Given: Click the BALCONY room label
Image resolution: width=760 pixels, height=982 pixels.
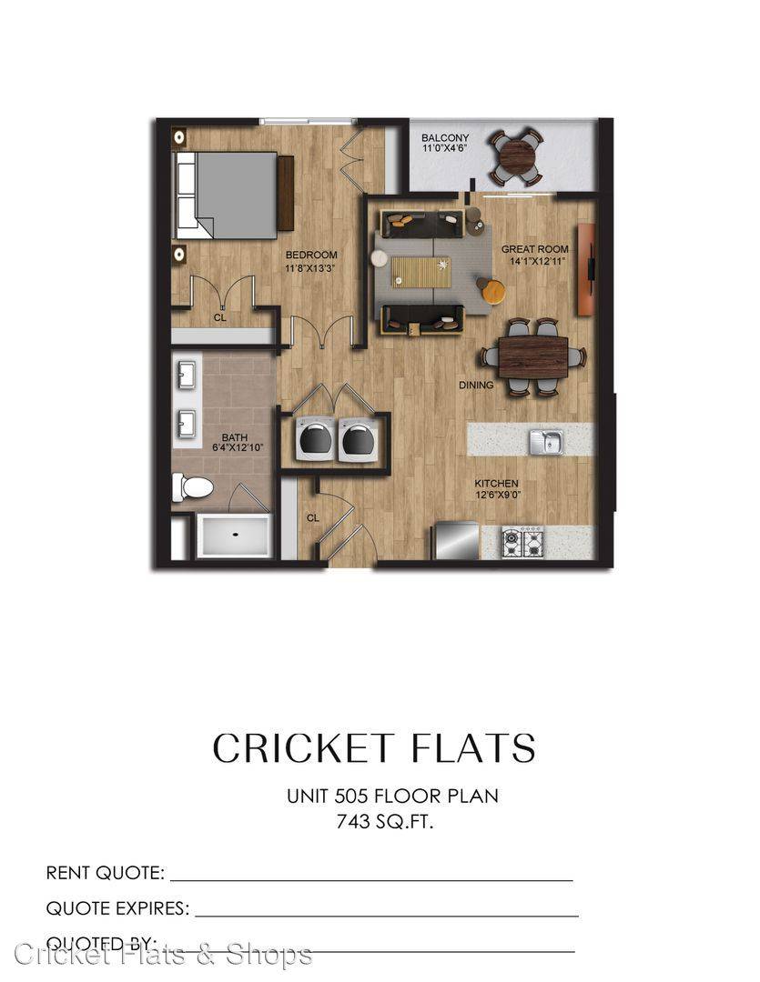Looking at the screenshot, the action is (444, 138).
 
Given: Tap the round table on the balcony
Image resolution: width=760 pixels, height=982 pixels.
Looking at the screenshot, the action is (517, 157).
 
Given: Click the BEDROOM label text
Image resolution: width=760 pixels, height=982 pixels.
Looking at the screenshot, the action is (311, 255).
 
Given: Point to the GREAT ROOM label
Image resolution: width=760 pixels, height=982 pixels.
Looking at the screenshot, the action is (534, 249).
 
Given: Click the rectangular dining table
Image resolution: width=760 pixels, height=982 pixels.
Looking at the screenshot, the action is (533, 357).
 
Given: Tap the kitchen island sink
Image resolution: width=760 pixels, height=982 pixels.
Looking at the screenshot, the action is (545, 442).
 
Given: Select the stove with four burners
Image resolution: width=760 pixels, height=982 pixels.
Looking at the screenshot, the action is (522, 542).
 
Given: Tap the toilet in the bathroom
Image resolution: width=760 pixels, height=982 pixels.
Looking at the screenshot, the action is (193, 486).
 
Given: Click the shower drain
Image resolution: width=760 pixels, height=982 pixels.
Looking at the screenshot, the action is (236, 535).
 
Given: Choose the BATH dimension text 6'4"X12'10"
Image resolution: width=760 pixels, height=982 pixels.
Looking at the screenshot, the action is (237, 447).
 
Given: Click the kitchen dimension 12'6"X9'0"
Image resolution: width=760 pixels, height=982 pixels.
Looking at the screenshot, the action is (498, 495).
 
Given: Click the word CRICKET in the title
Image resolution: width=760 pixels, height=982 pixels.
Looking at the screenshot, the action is (303, 747).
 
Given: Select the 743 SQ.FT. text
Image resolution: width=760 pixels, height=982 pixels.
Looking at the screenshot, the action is (384, 822).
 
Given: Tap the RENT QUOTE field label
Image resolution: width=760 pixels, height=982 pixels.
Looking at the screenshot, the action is (106, 872).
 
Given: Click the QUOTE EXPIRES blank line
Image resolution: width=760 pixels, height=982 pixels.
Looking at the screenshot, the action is (387, 916).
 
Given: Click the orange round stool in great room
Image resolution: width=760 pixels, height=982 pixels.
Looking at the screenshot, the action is (491, 291).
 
